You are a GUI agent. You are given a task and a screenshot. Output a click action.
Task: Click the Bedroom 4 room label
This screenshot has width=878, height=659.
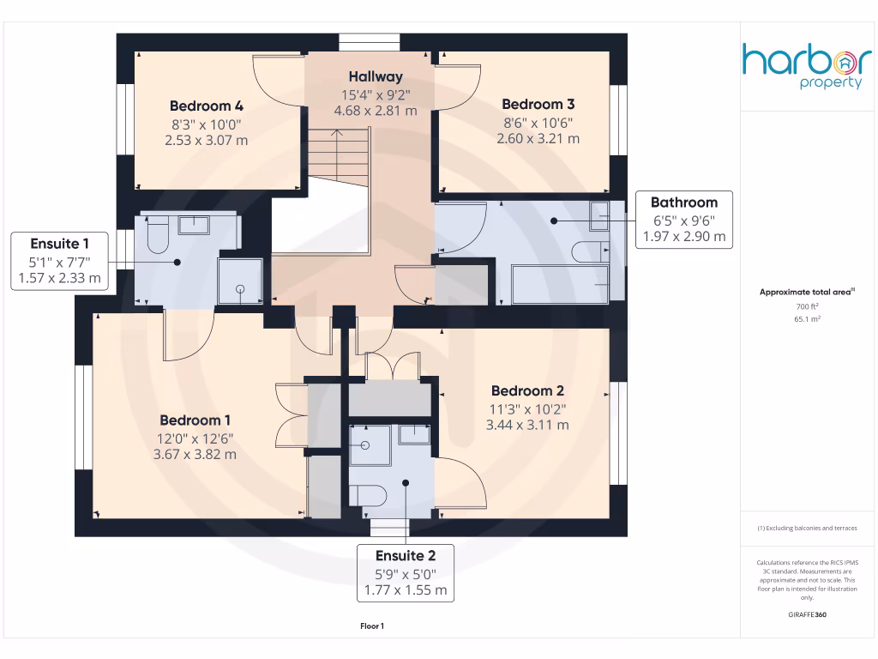pyautogui.click(x=206, y=106)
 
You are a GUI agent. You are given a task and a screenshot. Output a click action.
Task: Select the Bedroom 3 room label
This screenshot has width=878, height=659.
pyautogui.click(x=538, y=105)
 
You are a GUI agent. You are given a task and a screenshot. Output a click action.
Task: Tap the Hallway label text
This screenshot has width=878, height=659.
pyautogui.click(x=375, y=77)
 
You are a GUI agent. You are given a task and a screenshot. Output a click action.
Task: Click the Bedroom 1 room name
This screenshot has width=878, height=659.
pyautogui.click(x=195, y=420)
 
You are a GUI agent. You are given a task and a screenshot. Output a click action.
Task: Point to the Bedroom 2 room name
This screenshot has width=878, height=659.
pyautogui.click(x=527, y=391)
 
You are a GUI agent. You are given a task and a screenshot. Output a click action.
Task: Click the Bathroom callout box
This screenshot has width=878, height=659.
pyautogui.click(x=683, y=220)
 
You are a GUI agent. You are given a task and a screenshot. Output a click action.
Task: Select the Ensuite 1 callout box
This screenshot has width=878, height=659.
pyautogui.click(x=59, y=260)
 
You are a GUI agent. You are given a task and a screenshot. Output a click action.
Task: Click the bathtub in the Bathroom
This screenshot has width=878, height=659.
pyautogui.click(x=559, y=284)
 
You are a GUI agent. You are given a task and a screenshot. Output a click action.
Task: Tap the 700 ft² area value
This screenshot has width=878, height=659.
pyautogui.click(x=807, y=306)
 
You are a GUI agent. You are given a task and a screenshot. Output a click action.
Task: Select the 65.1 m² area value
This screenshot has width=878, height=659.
pyautogui.click(x=807, y=317)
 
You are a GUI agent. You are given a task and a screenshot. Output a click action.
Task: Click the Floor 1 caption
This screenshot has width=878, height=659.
pyautogui.click(x=372, y=627)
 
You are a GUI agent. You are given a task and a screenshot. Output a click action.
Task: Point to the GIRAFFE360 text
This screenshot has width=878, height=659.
pyautogui.click(x=807, y=615)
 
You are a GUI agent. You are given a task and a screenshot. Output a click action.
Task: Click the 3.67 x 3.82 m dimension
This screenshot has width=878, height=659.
pyautogui.click(x=195, y=454)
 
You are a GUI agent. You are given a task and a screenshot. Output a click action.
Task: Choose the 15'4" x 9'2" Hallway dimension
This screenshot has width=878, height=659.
pyautogui.click(x=375, y=94)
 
